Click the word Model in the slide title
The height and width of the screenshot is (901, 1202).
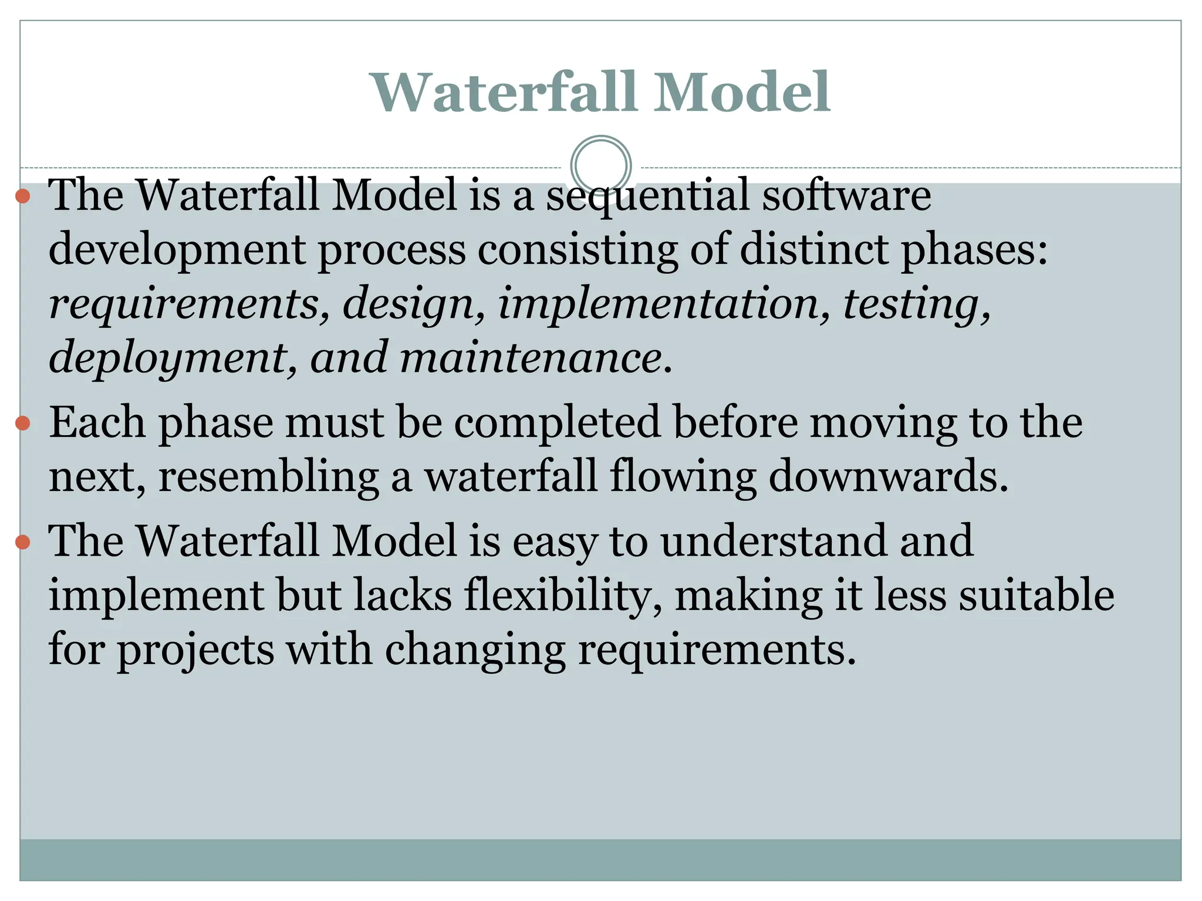tap(742, 92)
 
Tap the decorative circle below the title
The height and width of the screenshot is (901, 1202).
tap(600, 166)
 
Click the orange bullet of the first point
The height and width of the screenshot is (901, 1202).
tap(23, 196)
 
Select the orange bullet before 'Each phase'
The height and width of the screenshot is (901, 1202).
tap(23, 423)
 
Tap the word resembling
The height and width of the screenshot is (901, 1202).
tap(268, 477)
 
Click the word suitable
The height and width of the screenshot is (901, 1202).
tap(1036, 595)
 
